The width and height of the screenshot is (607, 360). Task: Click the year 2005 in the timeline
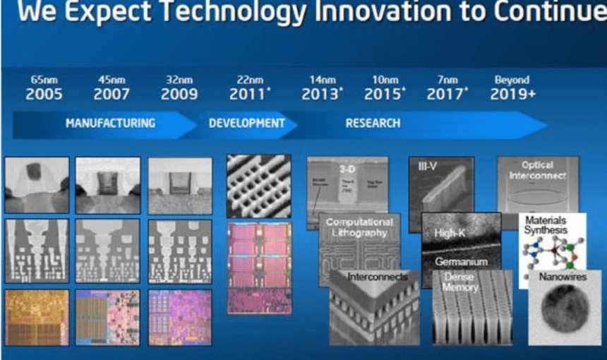[44, 95]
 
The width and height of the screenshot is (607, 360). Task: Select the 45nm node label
[111, 80]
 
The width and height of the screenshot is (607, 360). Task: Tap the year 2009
[179, 95]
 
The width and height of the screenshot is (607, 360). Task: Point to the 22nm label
[248, 80]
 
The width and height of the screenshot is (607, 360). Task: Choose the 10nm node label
[385, 80]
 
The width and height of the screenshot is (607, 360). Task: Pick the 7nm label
[446, 80]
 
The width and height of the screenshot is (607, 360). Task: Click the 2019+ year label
[512, 95]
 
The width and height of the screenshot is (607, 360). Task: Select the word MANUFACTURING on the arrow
[110, 123]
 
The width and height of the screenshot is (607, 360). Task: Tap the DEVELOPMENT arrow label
[247, 123]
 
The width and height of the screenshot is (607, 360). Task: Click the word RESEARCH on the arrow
[373, 123]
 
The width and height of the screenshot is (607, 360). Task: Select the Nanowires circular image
[560, 308]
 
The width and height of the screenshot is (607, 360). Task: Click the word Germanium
[461, 261]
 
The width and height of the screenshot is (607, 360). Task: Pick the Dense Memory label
[461, 282]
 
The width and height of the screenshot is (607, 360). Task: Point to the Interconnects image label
[377, 277]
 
